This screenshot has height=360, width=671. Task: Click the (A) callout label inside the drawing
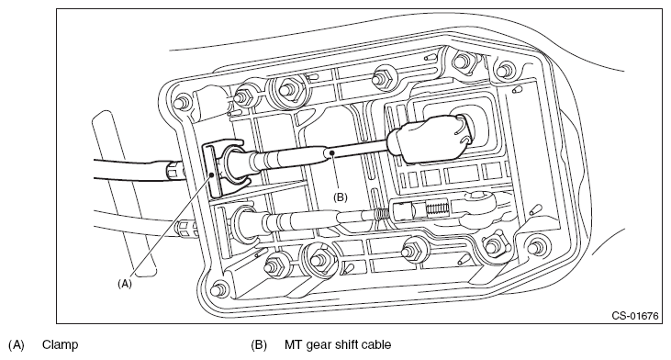125,284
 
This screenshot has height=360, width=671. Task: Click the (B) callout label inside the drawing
341,197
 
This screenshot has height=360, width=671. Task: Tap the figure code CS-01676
634,316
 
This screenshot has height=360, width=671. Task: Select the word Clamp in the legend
61,344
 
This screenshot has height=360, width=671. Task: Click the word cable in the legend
376,344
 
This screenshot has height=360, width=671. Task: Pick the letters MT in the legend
293,344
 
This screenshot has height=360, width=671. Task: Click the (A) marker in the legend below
17,344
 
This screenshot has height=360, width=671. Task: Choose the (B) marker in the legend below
259,344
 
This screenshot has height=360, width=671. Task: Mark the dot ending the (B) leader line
330,152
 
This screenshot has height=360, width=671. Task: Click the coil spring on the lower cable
380,213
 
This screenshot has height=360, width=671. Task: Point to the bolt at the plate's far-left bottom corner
220,287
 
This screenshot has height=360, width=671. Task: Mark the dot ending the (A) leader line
212,174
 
